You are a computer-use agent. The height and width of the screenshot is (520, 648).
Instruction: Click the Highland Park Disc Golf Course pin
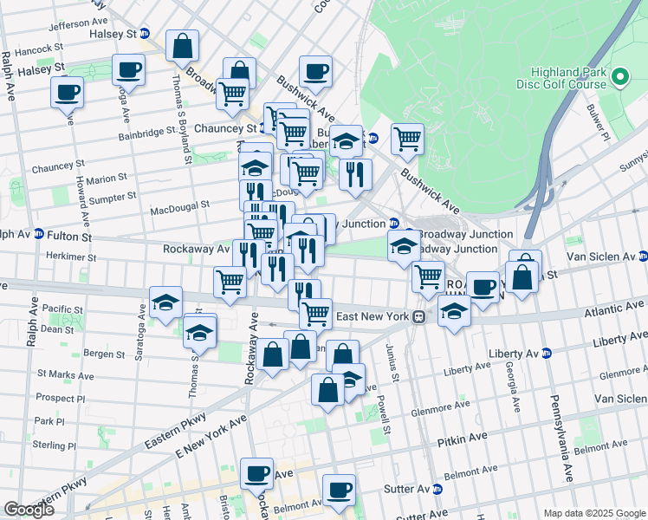pyautogui.click(x=619, y=78)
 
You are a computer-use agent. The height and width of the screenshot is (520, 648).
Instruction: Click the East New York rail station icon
pyautogui.click(x=418, y=317)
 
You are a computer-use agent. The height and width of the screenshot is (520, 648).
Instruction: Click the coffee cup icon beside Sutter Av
pyautogui.click(x=339, y=491)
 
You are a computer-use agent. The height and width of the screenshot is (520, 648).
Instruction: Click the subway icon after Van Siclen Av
pyautogui.click(x=643, y=256)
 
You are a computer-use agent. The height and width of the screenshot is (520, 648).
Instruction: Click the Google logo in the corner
pyautogui.click(x=29, y=510)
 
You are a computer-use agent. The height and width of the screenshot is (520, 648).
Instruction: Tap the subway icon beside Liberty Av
pyautogui.click(x=546, y=353)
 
